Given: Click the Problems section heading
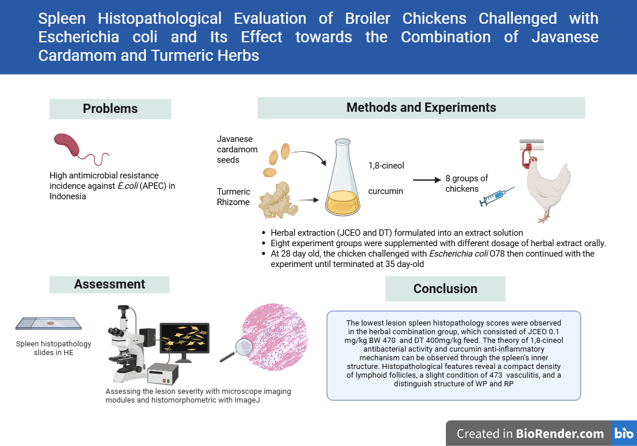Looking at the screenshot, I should point(110,109).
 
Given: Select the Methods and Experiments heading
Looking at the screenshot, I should point(421,108).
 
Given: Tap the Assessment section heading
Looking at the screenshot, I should point(109,284).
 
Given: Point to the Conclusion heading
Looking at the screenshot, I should point(445,288).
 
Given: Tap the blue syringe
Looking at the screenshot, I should point(497,196).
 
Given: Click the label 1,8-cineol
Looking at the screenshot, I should point(386,166).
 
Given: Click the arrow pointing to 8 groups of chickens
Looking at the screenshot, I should point(426,180).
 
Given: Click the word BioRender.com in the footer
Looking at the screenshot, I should point(560,433).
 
